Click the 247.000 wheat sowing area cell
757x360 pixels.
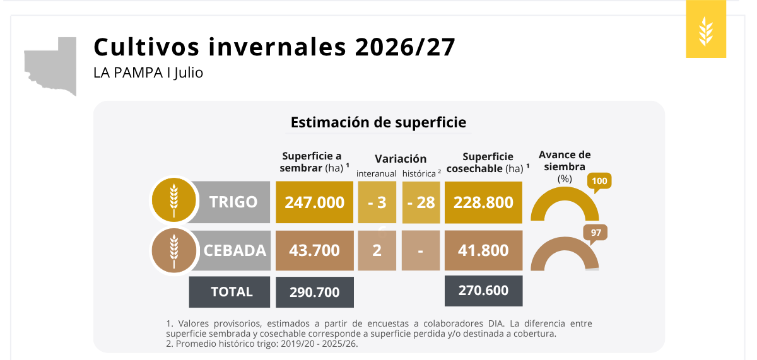point(314,202)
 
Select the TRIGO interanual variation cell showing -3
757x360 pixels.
point(377,202)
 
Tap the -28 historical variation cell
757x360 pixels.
point(421,202)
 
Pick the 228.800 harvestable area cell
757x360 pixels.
point(483,202)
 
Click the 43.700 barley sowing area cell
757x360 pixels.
point(315,250)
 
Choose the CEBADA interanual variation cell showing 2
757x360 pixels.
point(377,250)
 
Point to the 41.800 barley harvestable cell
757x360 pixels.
point(484,250)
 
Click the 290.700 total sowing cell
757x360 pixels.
point(315,292)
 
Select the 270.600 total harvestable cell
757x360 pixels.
point(484,291)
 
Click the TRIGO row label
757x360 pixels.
point(233,202)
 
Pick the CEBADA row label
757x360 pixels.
point(235,250)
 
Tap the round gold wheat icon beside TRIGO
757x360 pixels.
point(174,200)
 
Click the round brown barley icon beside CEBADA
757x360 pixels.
point(174,252)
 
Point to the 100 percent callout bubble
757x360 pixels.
point(599,182)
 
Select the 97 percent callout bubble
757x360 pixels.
point(596,233)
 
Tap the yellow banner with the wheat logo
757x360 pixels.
point(706,29)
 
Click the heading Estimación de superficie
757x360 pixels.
point(378,122)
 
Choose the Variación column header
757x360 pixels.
point(401,159)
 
